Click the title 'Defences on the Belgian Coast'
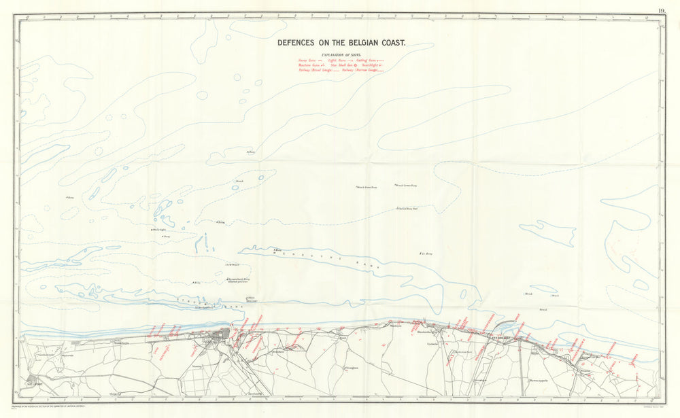click(x=341, y=42)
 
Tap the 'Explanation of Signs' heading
click(x=341, y=54)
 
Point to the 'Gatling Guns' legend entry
click(x=371, y=60)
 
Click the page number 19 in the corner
click(x=662, y=10)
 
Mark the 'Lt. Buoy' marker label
click(x=427, y=254)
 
